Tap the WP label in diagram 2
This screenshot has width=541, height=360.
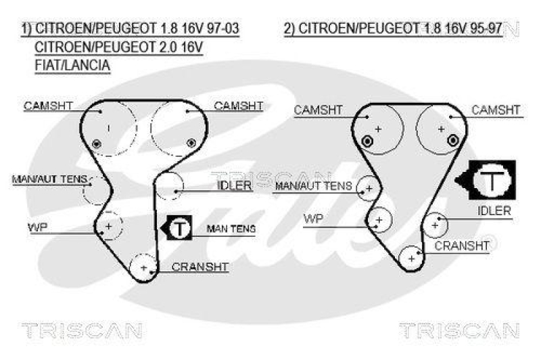(314, 218)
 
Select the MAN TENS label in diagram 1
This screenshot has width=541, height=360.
(231, 229)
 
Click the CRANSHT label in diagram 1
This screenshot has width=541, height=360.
(200, 267)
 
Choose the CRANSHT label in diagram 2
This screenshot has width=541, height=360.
(462, 246)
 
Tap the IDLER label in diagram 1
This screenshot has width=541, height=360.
(234, 185)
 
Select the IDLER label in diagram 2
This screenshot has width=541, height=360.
(494, 211)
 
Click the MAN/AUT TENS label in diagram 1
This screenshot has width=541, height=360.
(50, 179)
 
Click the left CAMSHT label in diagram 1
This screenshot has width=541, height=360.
(48, 106)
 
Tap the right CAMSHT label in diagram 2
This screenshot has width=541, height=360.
(496, 110)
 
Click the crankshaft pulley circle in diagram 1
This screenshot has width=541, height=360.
(143, 267)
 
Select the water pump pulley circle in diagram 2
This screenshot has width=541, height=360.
(379, 220)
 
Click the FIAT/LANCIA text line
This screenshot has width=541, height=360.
(72, 65)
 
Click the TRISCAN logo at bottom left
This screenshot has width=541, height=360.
(82, 331)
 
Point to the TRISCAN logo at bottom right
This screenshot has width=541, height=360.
(458, 331)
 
